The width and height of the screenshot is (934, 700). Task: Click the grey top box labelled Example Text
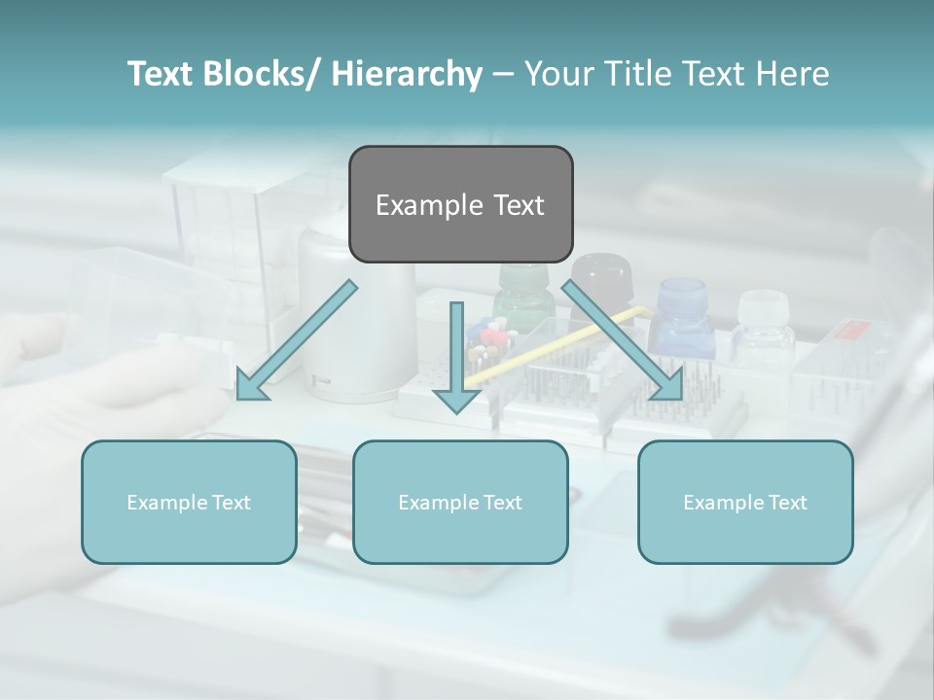460,204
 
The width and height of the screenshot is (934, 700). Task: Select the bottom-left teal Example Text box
189,502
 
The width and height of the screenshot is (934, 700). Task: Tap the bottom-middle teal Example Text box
460,502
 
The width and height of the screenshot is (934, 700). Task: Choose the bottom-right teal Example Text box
745,502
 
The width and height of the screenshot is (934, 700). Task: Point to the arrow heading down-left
297,340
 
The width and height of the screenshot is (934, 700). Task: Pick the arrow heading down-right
623,340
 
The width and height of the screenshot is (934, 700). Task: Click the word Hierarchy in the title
407,74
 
